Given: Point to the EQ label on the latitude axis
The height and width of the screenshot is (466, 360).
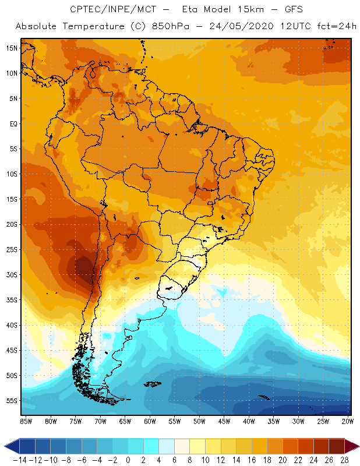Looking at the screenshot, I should tap(13, 123).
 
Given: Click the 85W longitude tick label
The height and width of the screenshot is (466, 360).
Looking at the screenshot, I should tap(26, 421).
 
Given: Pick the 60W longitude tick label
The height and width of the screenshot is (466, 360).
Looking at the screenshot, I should tap(150, 421).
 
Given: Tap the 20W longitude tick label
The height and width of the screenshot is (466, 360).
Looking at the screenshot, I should tap(348, 421).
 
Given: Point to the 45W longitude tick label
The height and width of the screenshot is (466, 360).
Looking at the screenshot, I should tap(224, 421).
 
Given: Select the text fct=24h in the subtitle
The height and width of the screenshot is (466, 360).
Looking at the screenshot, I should tap(334, 26).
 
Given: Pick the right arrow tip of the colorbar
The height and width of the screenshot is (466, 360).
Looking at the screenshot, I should tap(357, 446).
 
